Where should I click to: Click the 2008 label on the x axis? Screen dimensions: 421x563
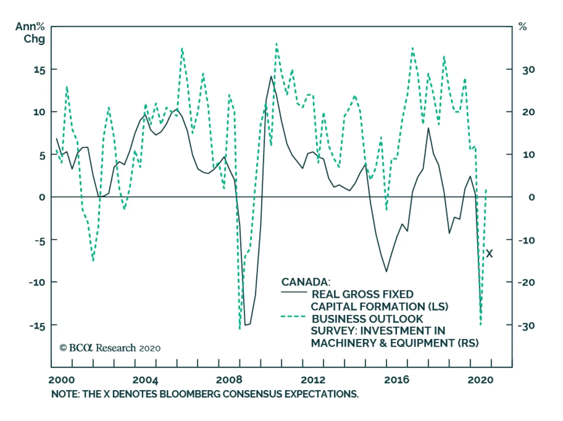pos(229,380)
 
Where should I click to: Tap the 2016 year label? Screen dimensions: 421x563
pos(397,380)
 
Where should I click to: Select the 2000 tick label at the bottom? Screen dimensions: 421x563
pos(62,380)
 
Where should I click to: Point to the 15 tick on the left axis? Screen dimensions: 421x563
pos(39,70)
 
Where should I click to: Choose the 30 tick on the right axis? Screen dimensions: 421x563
pos(529,70)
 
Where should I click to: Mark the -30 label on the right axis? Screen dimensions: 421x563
pos(526,326)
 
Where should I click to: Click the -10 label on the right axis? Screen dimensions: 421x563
pos(526,240)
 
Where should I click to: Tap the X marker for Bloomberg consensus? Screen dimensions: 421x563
pos(489,253)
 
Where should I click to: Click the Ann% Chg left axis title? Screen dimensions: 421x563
pos(30,32)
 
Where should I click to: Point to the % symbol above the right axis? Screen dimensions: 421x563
pos(523,27)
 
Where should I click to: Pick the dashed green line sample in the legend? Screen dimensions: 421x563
pos(293,317)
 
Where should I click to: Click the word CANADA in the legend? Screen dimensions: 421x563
pos(305,282)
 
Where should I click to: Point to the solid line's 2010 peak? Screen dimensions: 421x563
pos(271,76)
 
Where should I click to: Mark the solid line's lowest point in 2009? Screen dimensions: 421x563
pos(245,325)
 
